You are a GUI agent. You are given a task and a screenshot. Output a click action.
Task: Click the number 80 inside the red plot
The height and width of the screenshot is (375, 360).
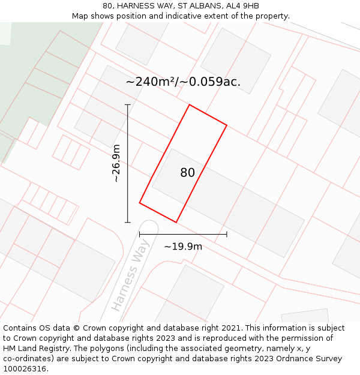point(187,173)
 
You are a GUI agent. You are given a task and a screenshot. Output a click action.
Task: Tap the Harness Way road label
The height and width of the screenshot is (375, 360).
point(130,279)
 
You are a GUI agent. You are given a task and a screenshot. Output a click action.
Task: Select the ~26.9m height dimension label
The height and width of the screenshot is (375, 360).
point(116,163)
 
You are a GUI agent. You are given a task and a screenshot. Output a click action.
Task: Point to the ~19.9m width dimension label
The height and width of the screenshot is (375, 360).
point(183,246)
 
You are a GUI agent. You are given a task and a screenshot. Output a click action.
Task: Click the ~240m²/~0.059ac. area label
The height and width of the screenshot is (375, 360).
point(183,82)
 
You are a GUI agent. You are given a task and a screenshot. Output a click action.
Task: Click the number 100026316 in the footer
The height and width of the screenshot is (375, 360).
point(25,368)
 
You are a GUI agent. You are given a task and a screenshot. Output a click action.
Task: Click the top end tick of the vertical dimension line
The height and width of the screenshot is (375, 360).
point(128,105)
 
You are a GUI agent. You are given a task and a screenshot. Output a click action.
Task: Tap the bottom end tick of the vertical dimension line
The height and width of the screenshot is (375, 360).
point(128,223)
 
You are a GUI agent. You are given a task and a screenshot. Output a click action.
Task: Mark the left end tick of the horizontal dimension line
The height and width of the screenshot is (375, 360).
point(140,234)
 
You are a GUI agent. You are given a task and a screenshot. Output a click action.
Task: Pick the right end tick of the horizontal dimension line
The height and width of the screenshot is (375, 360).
point(227,234)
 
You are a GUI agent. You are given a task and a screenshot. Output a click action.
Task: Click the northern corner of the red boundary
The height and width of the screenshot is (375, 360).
point(190,105)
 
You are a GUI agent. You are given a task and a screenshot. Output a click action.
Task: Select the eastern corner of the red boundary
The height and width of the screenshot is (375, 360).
point(227,125)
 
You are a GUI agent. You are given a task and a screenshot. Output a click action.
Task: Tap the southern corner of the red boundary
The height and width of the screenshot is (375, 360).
point(176,223)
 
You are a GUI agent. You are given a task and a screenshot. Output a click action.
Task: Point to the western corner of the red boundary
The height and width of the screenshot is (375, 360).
point(140,203)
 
